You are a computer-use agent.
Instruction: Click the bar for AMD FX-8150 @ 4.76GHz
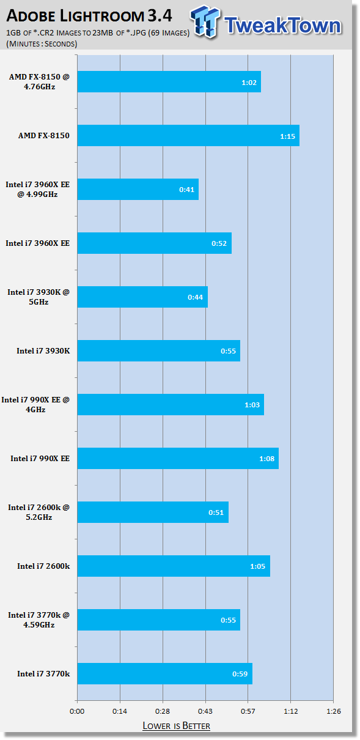[169, 81]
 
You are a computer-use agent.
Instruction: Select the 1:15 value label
[288, 136]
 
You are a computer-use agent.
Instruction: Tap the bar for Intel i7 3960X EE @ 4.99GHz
[138, 190]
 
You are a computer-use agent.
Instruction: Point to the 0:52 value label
[219, 243]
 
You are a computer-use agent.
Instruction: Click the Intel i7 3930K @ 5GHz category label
[39, 297]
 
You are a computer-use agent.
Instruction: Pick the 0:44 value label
[195, 297]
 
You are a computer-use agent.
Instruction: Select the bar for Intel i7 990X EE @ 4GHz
[171, 404]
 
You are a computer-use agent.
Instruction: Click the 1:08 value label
[267, 459]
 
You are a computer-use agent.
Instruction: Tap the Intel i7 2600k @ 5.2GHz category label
[39, 512]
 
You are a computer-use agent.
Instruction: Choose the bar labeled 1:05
[174, 566]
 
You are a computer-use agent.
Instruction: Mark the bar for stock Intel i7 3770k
[165, 673]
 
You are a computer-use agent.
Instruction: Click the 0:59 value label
[240, 674]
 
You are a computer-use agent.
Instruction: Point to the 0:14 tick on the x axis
[120, 711]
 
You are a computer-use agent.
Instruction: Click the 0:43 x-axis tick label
[205, 711]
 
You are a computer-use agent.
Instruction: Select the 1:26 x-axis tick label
[334, 711]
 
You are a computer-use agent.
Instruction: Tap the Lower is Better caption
[177, 725]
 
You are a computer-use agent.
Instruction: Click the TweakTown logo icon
[205, 21]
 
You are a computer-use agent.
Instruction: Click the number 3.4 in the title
[160, 16]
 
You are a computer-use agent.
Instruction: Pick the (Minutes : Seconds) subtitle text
[42, 43]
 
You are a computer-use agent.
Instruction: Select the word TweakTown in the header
[283, 26]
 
